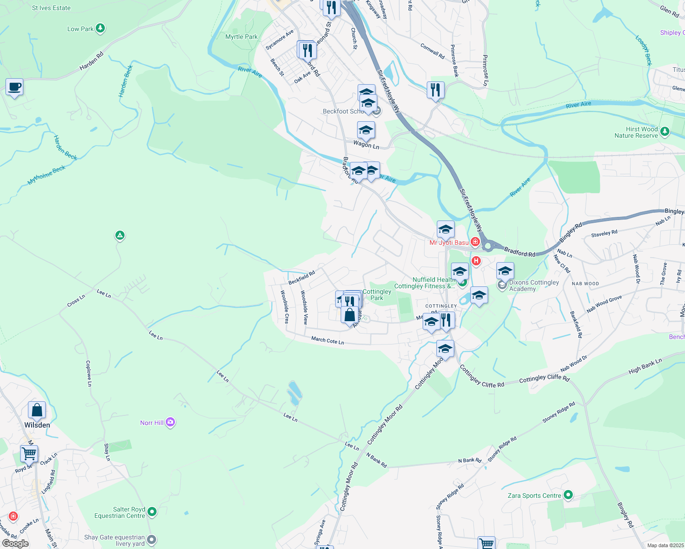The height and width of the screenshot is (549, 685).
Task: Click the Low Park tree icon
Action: [x=100, y=28]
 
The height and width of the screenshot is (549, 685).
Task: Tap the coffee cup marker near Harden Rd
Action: [x=15, y=86]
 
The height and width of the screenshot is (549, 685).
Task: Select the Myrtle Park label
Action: [x=241, y=37]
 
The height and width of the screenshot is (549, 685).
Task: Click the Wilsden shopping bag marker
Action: [x=37, y=410]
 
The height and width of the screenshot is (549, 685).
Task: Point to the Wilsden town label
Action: [x=37, y=425]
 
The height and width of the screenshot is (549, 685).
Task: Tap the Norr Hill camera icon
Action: [x=170, y=422]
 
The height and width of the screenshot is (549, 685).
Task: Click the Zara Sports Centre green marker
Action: [x=568, y=495]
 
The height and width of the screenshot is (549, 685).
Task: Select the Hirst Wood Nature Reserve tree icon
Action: [x=665, y=132]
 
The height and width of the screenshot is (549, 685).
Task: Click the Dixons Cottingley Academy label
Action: [x=534, y=285]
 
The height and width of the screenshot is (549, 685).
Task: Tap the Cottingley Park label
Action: [x=377, y=295]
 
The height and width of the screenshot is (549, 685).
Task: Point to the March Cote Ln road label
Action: [x=327, y=340]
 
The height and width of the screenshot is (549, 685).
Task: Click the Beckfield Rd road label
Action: [x=301, y=277]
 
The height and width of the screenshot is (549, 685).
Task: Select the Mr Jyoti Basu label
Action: [x=449, y=242]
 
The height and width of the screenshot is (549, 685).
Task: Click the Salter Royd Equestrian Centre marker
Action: [x=152, y=511]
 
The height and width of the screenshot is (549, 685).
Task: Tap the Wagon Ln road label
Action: [x=366, y=145]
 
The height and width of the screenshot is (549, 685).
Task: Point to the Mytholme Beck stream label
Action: [x=46, y=175]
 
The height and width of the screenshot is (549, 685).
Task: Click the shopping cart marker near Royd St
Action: [x=29, y=453]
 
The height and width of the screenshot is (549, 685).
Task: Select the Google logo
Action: [x=16, y=543]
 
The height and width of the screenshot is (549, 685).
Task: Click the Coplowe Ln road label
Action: [x=89, y=373]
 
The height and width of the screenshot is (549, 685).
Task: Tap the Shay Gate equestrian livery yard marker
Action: [x=152, y=540]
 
